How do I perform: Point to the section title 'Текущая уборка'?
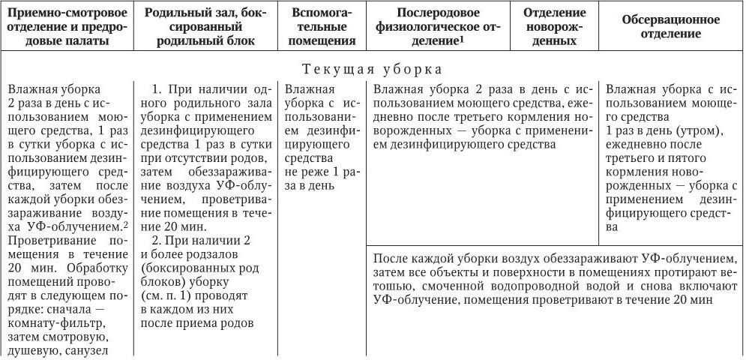point(373,69)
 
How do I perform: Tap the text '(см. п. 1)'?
point(166,296)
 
